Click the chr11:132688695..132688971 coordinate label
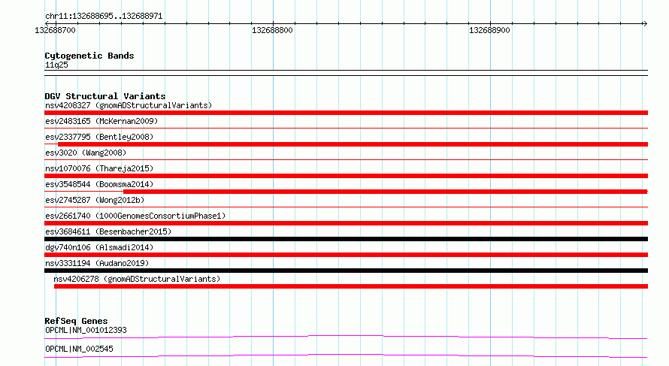pyautogui.click(x=104, y=17)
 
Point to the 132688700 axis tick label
pyautogui.click(x=55, y=30)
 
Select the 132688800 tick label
pyautogui.click(x=272, y=30)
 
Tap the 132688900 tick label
pyautogui.click(x=489, y=30)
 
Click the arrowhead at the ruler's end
pyautogui.click(x=645, y=23)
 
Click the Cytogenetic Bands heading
pyautogui.click(x=89, y=56)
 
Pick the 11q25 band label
pyautogui.click(x=56, y=65)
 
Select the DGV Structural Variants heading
pyautogui.click(x=105, y=96)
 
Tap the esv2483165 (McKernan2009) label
pyautogui.click(x=101, y=121)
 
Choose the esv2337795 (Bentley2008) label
pyautogui.click(x=99, y=137)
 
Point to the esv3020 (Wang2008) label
pyautogui.click(x=86, y=153)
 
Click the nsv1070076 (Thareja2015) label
pyautogui.click(x=99, y=168)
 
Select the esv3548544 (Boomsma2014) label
pyautogui.click(x=99, y=184)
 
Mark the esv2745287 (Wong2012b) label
pyautogui.click(x=95, y=200)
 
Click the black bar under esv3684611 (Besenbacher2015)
pyautogui.click(x=346, y=239)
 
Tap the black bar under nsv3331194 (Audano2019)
pyautogui.click(x=346, y=271)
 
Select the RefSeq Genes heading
pyautogui.click(x=76, y=321)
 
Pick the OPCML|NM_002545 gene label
pyautogui.click(x=80, y=349)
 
